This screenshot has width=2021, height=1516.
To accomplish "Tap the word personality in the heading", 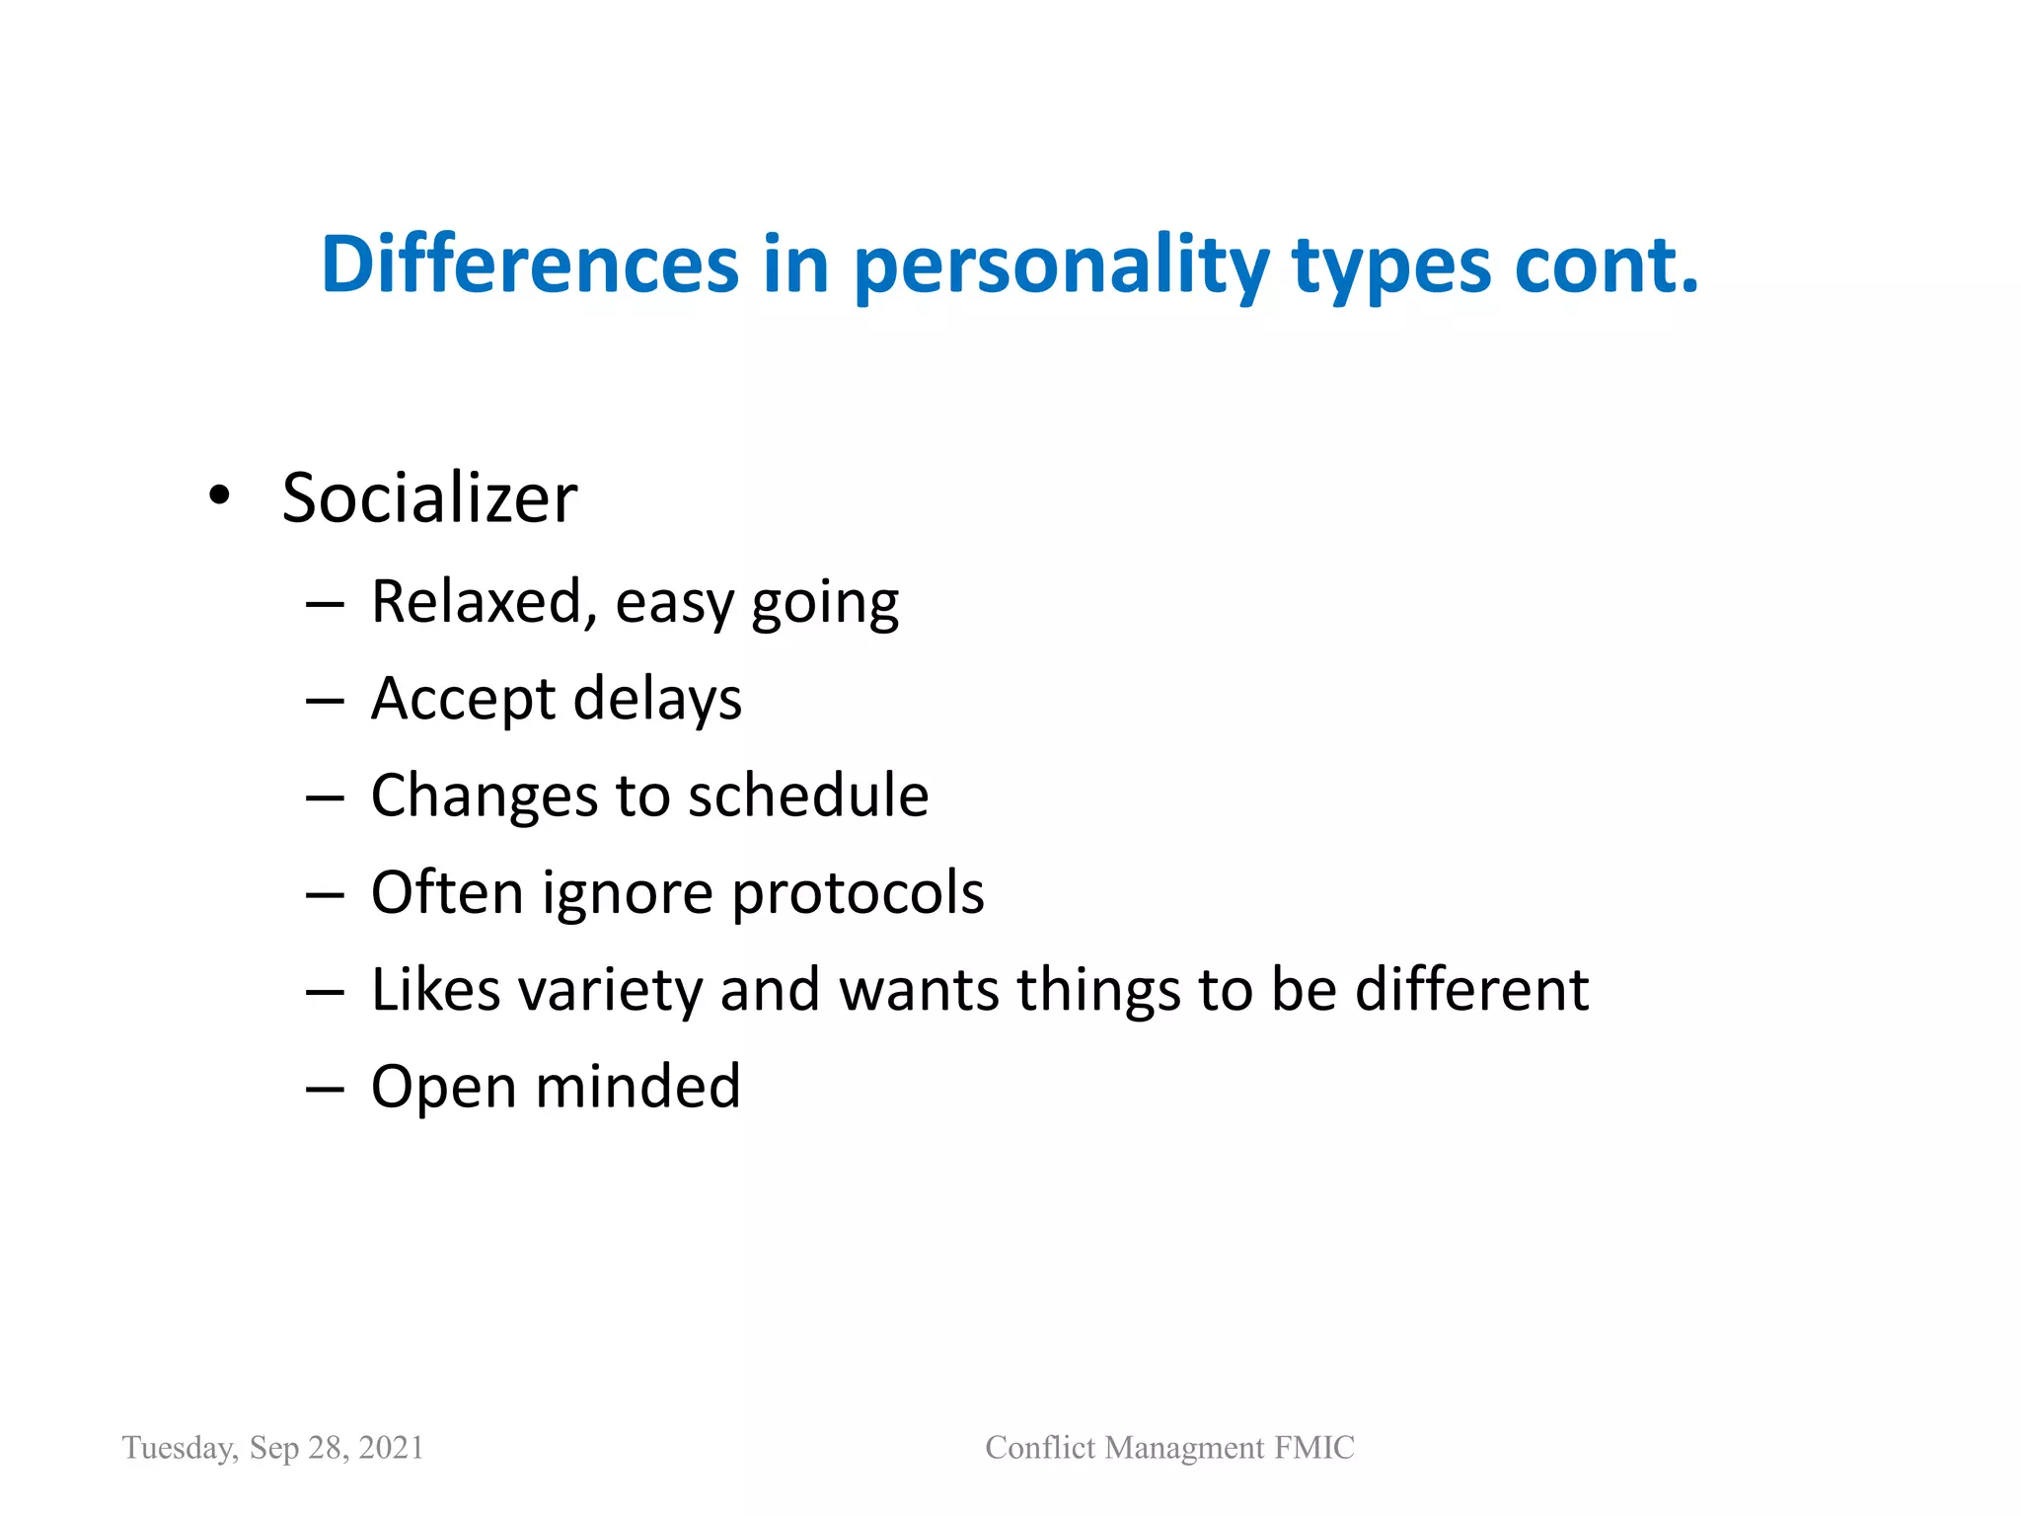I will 1061,266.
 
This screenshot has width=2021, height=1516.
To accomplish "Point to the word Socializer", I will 429,497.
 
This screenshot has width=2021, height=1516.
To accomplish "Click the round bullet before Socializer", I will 219,495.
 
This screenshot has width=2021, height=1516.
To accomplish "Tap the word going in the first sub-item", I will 824,604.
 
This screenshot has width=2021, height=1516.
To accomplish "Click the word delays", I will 656,699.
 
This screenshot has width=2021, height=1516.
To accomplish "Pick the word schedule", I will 808,796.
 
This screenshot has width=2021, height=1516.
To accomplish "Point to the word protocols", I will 858,893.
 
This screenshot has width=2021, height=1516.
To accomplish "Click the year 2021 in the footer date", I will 391,1447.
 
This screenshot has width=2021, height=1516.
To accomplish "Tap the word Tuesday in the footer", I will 179,1448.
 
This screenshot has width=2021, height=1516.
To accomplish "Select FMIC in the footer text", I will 1313,1447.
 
